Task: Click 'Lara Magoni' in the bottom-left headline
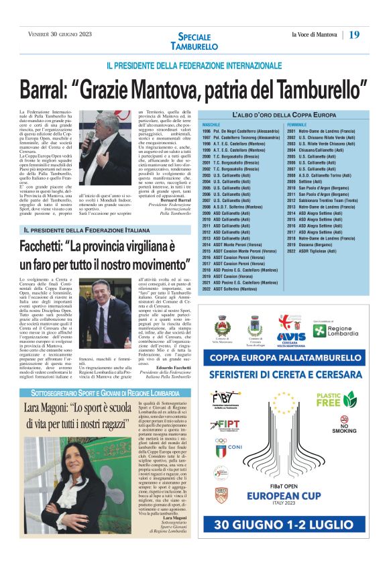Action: click(x=50, y=407)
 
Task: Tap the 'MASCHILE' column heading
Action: click(x=211, y=125)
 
